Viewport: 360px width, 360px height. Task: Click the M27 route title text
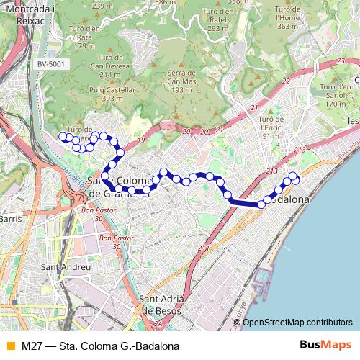[x=100, y=346]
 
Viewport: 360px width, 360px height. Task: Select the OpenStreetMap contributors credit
[x=297, y=323]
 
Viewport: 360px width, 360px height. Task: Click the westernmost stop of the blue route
[x=63, y=136]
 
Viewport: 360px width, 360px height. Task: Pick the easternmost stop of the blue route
[x=294, y=176]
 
